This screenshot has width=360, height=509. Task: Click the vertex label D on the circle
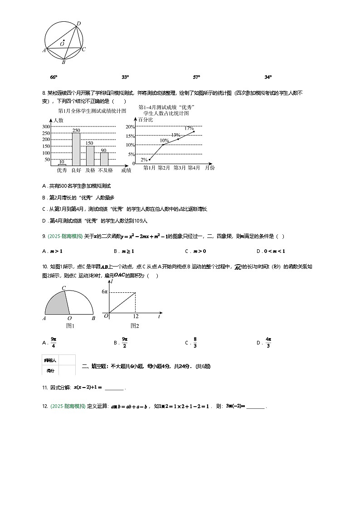(79, 23)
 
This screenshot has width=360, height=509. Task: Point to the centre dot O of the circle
(64, 41)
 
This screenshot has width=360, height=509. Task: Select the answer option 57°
(196, 78)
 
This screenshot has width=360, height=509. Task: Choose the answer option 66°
(54, 78)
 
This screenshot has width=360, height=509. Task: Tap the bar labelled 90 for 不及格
(104, 159)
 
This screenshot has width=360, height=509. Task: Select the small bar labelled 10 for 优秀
(62, 165)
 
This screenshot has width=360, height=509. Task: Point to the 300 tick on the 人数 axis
(46, 126)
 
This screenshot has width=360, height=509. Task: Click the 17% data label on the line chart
(189, 128)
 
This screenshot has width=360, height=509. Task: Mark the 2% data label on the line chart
(144, 160)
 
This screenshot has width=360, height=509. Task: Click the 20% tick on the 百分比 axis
(130, 126)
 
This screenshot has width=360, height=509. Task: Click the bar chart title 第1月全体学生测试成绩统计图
(92, 111)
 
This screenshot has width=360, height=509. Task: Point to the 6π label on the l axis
(104, 292)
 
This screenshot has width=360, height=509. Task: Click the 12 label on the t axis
(135, 316)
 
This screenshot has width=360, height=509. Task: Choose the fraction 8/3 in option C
(195, 343)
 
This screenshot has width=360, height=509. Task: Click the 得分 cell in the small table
(50, 370)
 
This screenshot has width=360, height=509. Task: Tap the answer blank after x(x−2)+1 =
(114, 388)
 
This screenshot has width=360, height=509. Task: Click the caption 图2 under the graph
(135, 325)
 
